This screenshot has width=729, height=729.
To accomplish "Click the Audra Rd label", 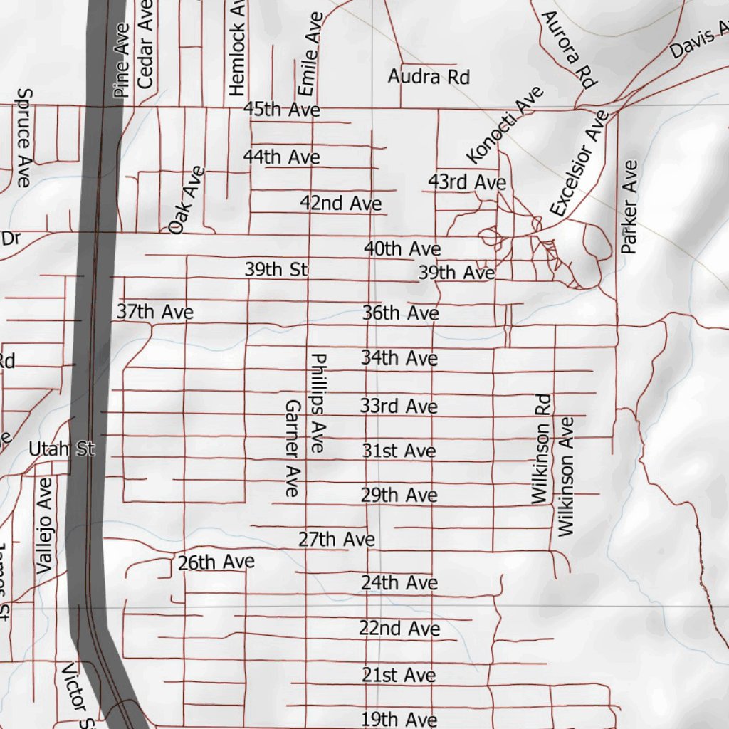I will (x=429, y=76).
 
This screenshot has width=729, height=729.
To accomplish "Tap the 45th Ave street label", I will (x=281, y=110).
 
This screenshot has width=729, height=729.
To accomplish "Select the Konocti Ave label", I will (x=505, y=125).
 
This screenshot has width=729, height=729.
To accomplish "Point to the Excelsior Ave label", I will (x=579, y=164).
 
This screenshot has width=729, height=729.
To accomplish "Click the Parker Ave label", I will (x=629, y=206).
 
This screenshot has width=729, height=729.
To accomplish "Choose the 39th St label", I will (x=276, y=270).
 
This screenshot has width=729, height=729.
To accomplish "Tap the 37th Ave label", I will (x=155, y=312).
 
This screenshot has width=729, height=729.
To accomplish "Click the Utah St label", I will (x=62, y=449).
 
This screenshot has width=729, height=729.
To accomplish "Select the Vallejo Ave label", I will (x=44, y=525).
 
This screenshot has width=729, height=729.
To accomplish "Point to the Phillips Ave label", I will (x=318, y=403).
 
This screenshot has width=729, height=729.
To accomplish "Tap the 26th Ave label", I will (x=216, y=562).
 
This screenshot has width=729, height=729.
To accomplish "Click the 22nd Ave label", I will (x=399, y=629).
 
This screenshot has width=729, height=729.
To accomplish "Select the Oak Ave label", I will (x=187, y=200).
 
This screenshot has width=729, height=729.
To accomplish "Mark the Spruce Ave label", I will (x=23, y=137).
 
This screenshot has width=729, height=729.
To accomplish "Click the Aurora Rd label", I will (x=567, y=49).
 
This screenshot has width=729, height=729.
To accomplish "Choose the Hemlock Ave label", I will (x=237, y=48).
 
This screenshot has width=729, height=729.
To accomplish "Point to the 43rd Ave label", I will (x=467, y=183).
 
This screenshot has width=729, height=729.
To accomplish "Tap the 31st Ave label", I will (x=398, y=451).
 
